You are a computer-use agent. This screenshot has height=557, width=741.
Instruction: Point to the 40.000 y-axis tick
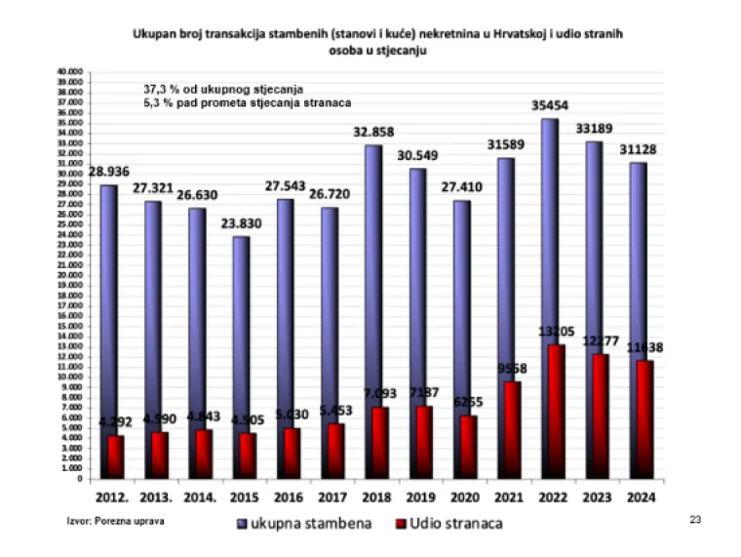[x=70, y=72]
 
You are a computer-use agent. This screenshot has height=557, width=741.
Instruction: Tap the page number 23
[x=695, y=519]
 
